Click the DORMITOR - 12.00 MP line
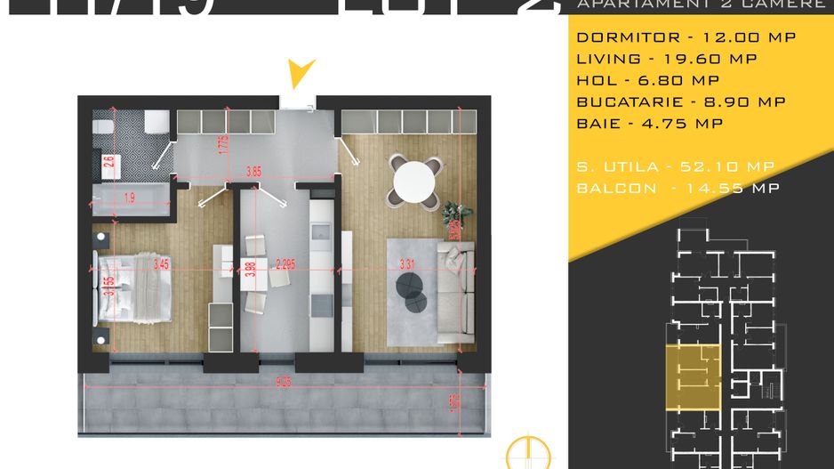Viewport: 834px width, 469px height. click(686, 37)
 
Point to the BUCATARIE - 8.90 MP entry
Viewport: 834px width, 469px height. click(681, 101)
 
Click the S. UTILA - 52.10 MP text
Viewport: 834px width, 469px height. click(675, 166)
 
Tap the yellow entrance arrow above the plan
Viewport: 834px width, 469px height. click(303, 73)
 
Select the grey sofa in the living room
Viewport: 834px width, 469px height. click(457, 294)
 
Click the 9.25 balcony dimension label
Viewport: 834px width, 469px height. click(283, 383)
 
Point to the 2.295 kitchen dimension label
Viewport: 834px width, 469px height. click(287, 263)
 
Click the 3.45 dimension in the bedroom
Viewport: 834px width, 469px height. click(161, 263)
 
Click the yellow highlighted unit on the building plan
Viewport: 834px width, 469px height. click(694, 376)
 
